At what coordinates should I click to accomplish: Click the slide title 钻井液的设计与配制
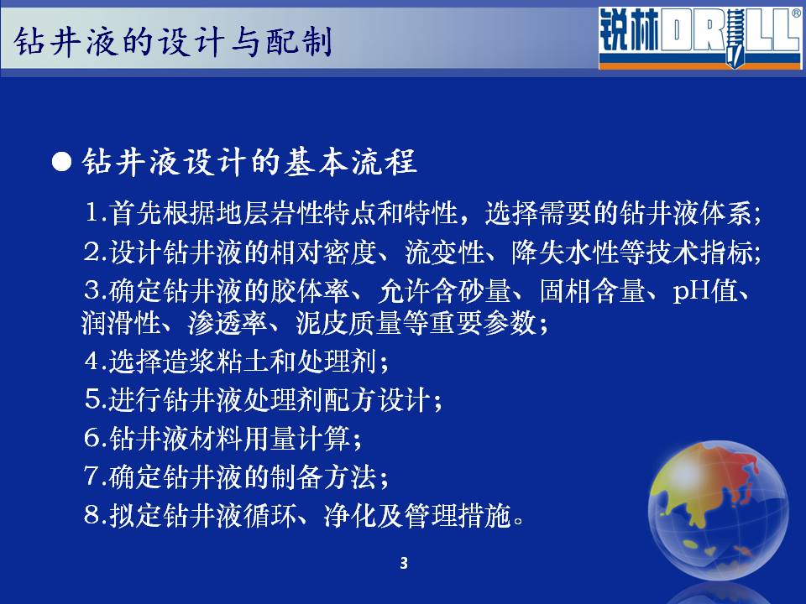click(x=173, y=41)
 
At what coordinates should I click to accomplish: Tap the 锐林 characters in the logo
click(x=629, y=31)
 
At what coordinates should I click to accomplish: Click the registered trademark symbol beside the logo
click(x=796, y=13)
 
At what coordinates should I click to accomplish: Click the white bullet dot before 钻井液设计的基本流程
click(x=61, y=162)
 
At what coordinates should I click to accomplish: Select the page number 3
click(x=404, y=564)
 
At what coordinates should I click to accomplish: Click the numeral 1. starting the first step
click(x=96, y=212)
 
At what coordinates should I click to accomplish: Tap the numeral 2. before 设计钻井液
click(x=96, y=252)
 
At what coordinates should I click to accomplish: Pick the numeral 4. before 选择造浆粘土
click(x=96, y=361)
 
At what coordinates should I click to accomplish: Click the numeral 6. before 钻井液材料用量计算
click(x=96, y=438)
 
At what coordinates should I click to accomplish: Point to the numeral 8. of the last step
click(x=96, y=515)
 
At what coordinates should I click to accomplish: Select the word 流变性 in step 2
click(x=444, y=253)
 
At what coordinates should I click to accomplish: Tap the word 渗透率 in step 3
click(x=228, y=324)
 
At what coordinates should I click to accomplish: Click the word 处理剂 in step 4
click(x=336, y=362)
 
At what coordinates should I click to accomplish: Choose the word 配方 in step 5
click(x=351, y=400)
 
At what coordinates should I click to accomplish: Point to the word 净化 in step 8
click(x=351, y=516)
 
